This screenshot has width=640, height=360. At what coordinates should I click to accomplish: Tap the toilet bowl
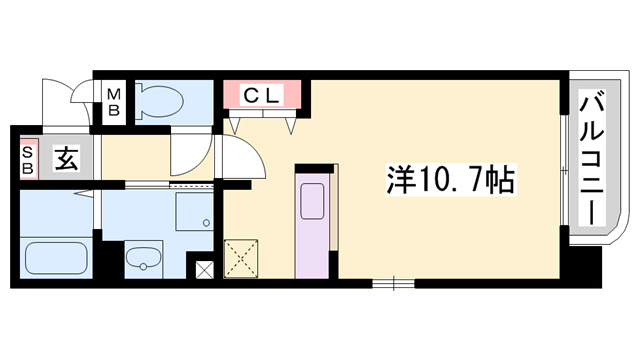(160, 100)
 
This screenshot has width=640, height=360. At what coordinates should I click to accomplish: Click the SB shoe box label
(28, 159)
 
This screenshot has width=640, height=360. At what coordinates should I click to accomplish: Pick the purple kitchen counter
(313, 225)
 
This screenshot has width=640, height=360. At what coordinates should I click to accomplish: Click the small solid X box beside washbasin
(205, 269)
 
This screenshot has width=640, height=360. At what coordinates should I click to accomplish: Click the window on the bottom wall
(393, 283)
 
